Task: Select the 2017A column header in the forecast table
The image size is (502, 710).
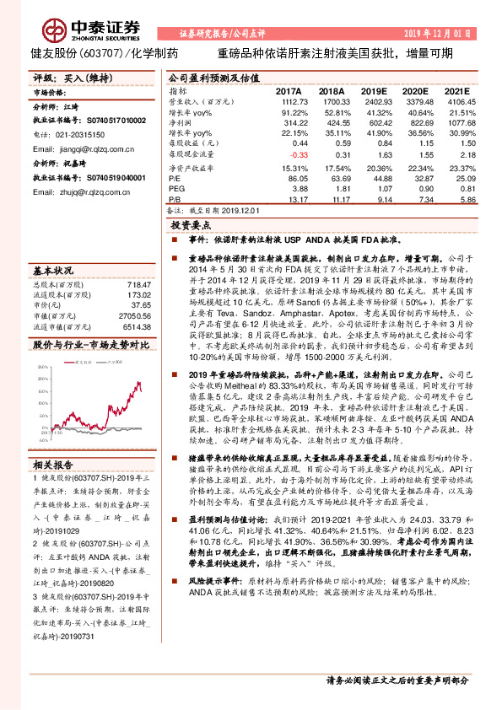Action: pyautogui.click(x=289, y=89)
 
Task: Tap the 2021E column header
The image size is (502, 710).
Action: pyautogui.click(x=456, y=89)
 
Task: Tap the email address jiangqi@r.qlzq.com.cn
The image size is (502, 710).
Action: pyautogui.click(x=74, y=146)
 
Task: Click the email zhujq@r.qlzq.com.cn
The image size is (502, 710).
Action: pyautogui.click(x=73, y=192)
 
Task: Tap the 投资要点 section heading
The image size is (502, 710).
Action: pyautogui.click(x=191, y=227)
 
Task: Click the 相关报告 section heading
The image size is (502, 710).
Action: pyautogui.click(x=53, y=488)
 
